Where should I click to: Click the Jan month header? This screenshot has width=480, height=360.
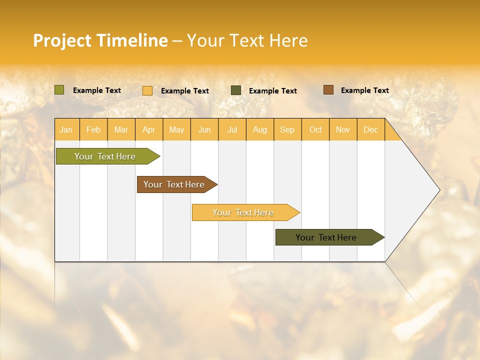click(x=66, y=129)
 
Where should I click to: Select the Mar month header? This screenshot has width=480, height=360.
click(x=121, y=129)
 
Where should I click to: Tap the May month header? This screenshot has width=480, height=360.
click(x=176, y=129)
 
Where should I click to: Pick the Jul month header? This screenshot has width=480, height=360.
click(x=232, y=129)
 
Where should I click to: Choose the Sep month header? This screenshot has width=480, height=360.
click(x=287, y=129)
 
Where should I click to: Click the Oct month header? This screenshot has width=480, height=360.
click(x=315, y=129)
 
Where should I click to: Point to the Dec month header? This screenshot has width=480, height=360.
click(x=370, y=129)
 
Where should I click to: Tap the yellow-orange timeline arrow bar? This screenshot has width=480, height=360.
click(x=243, y=212)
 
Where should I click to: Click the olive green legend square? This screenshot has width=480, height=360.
click(x=59, y=90)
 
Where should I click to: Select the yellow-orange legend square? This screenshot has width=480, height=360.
click(x=147, y=90)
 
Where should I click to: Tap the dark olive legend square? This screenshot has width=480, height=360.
click(x=236, y=90)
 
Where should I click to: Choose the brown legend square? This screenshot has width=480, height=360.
click(x=328, y=90)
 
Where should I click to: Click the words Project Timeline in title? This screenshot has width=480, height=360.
click(x=100, y=40)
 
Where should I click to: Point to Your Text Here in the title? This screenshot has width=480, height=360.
click(x=247, y=40)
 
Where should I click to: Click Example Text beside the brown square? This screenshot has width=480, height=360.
click(x=364, y=90)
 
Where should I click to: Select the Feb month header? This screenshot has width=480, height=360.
click(x=93, y=129)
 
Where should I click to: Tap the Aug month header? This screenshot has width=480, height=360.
click(x=259, y=129)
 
